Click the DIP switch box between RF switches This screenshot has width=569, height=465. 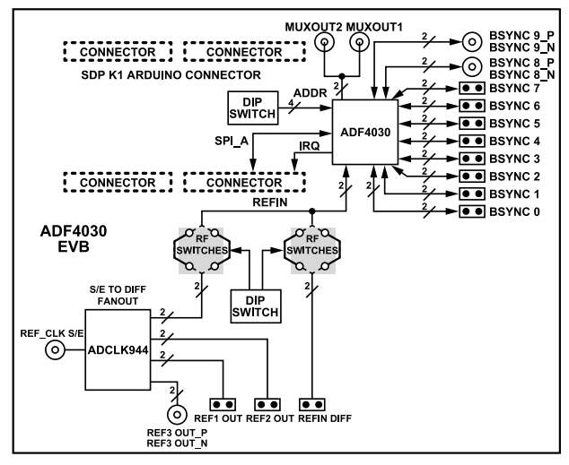pos(256,304)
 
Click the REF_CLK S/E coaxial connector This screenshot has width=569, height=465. pos(56,353)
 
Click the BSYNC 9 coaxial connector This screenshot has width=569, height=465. pos(472,40)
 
